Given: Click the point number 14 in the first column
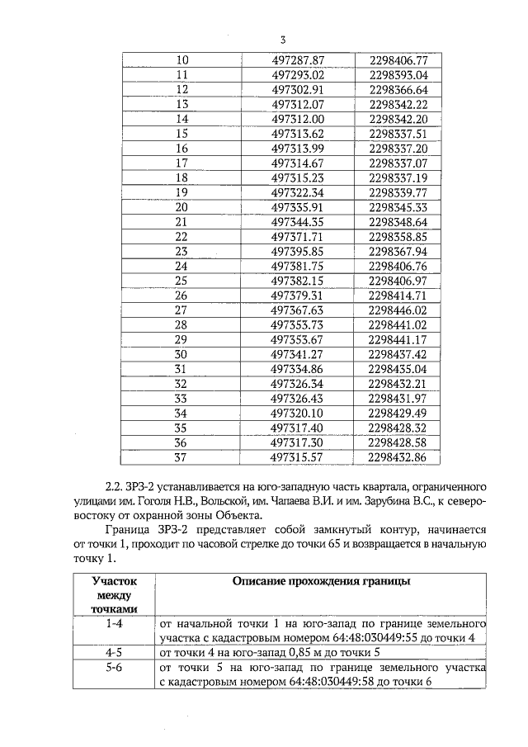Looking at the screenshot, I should click(183, 119).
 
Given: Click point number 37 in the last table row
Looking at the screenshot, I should click(183, 456).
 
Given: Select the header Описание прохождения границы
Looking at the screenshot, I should click(319, 581).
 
